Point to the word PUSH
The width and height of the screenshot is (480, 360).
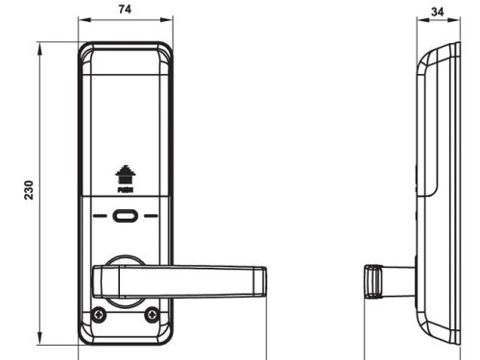pos(124,190)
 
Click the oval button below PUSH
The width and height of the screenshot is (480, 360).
pos(125,216)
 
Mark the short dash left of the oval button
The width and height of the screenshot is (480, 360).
pos(100,216)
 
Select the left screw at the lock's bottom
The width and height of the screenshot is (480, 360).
pos(99,315)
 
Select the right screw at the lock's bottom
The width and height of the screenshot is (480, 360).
pos(151,315)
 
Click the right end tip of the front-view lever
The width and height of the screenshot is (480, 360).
pos(262,281)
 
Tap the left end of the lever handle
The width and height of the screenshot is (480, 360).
pos(96,281)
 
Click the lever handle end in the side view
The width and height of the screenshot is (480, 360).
pos(371,281)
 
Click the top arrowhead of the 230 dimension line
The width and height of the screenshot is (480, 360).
pos(39,45)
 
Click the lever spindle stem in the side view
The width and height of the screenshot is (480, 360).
pos(397,281)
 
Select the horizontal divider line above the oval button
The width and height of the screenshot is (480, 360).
pos(125,198)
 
